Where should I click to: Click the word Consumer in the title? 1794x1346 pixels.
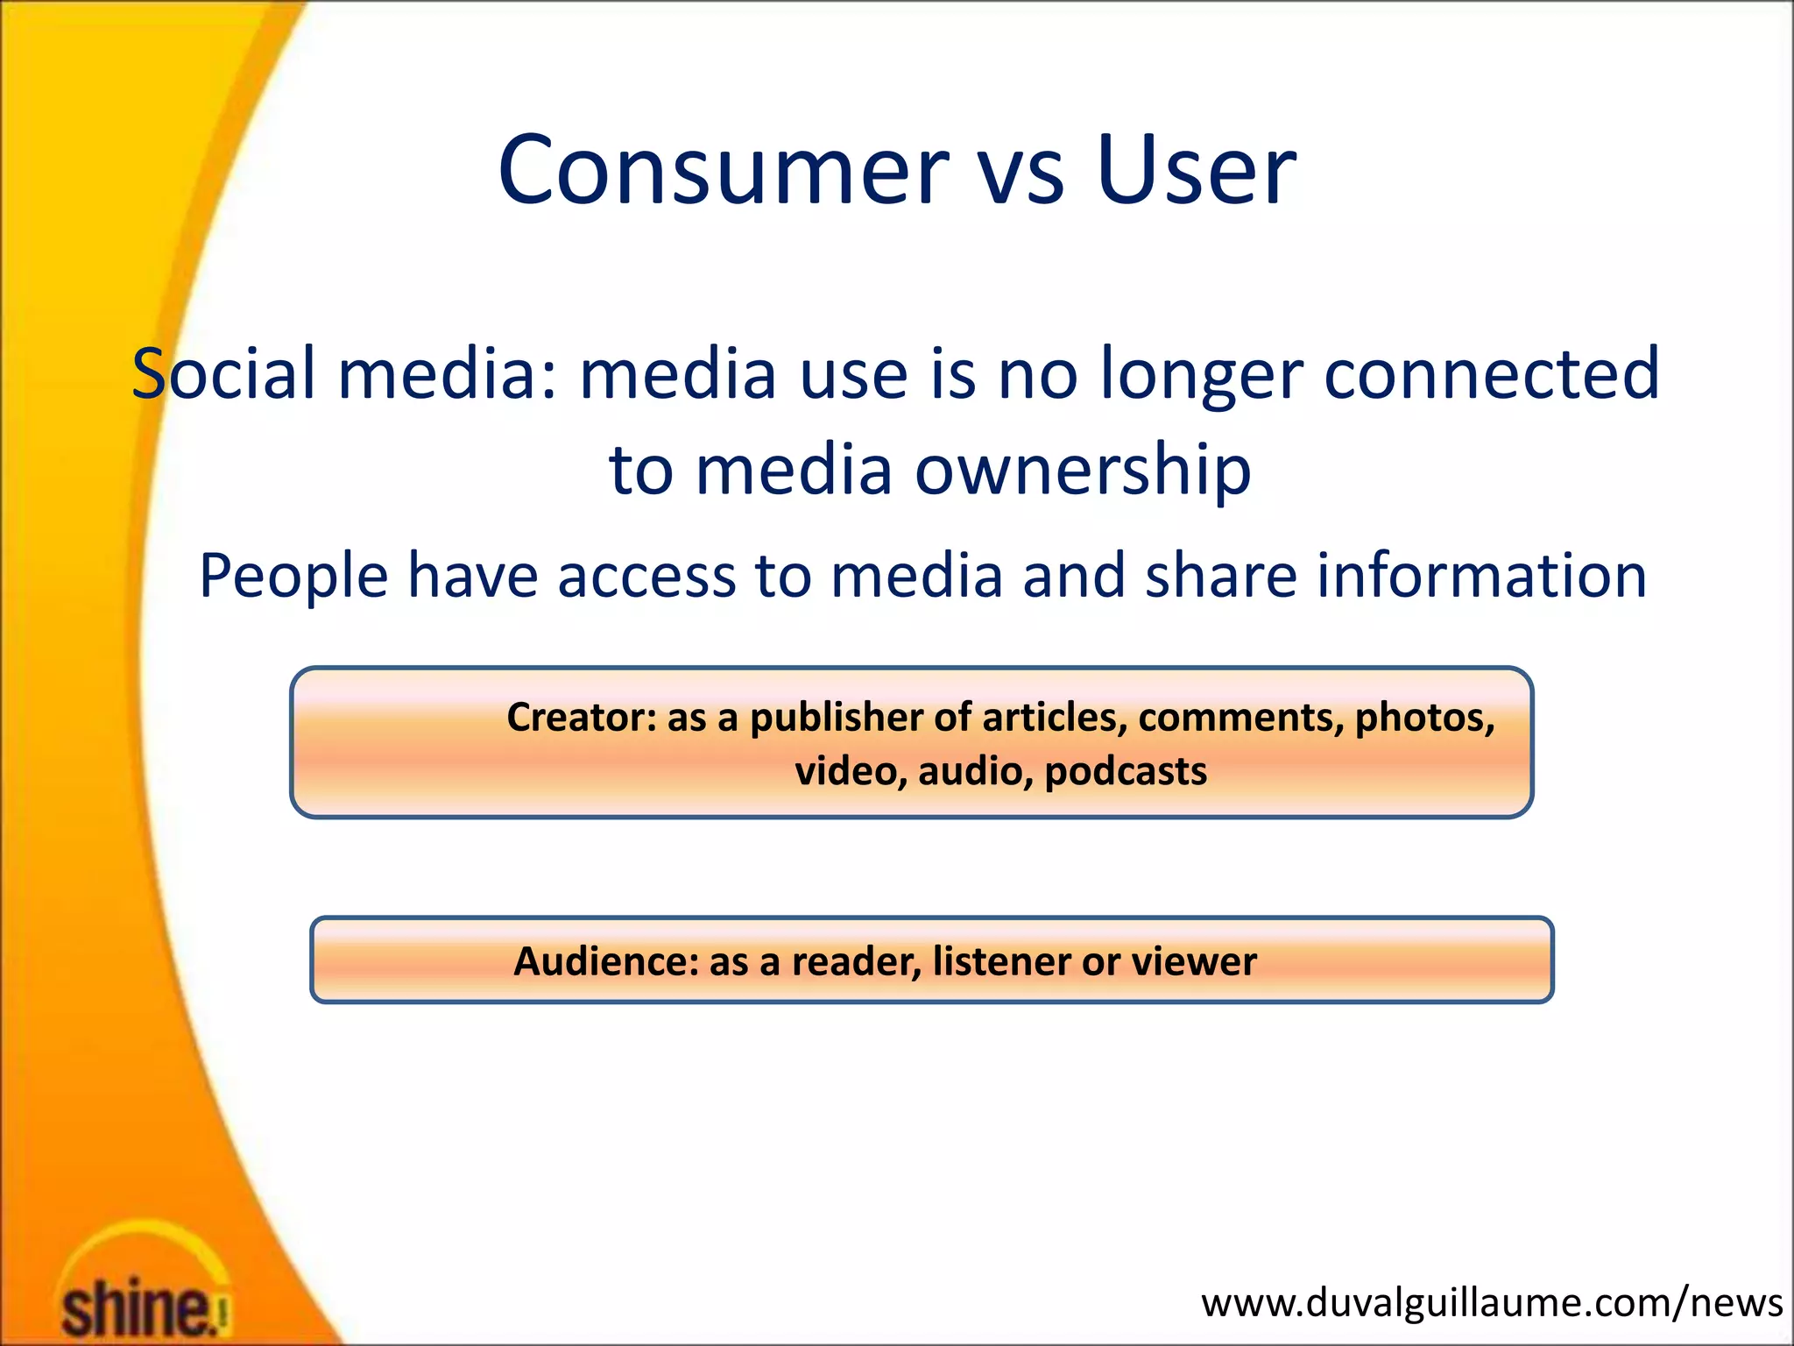tap(724, 170)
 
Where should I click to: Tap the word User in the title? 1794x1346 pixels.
tap(1195, 170)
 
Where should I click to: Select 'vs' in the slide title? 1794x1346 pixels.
tap(1021, 175)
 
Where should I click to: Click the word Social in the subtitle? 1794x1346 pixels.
tap(223, 374)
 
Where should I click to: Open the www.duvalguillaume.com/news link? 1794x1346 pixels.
tap(1491, 1303)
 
